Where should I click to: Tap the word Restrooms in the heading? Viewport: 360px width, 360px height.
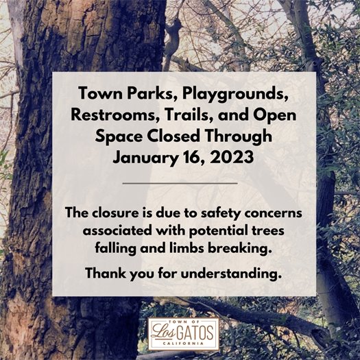click(107, 115)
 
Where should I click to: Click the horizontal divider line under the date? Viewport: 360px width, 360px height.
click(180, 183)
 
